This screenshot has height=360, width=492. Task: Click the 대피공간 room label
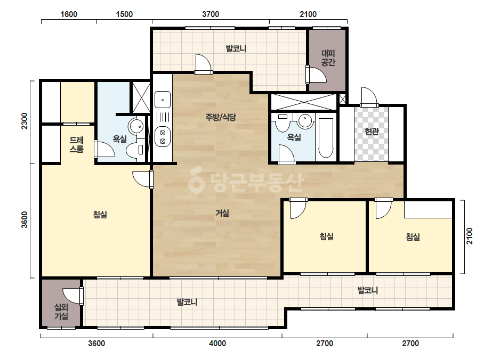[x=328, y=58]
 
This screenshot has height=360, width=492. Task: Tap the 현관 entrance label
[x=372, y=132]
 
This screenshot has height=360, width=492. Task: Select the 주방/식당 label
[x=221, y=117]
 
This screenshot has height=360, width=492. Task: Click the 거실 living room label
[x=222, y=213]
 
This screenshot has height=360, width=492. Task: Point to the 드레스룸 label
[x=77, y=144]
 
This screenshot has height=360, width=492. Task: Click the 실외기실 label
[x=61, y=312]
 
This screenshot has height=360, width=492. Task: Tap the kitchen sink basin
[x=163, y=100]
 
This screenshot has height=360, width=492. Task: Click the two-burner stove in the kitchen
[x=163, y=137]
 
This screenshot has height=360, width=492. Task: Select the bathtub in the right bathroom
[x=326, y=138]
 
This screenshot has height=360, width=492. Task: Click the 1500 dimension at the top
[x=124, y=14]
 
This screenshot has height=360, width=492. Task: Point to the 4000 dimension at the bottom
[x=217, y=343]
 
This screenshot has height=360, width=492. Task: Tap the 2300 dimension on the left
[x=25, y=121]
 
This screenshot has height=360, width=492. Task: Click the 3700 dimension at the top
[x=211, y=14]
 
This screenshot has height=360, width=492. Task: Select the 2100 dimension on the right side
[x=469, y=236]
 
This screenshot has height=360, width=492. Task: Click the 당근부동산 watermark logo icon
[x=196, y=181]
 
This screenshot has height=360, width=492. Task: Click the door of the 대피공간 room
[x=316, y=75]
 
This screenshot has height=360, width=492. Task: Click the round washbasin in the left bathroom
[x=136, y=126]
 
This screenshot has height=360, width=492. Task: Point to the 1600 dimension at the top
[x=69, y=14]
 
